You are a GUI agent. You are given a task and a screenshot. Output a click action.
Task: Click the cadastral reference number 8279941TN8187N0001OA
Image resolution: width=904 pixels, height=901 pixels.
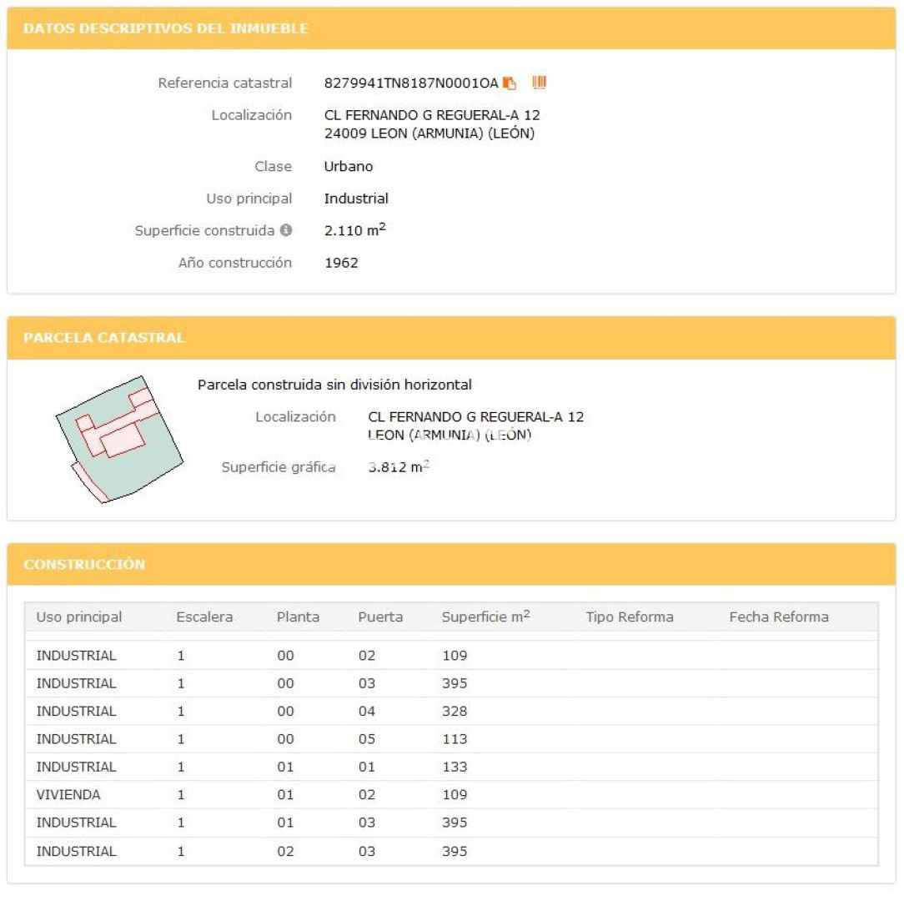tap(410, 83)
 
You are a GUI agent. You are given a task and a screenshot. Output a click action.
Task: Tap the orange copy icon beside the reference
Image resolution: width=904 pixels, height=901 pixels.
tap(510, 83)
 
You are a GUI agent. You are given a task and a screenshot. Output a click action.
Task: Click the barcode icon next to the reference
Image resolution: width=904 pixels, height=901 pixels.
tap(540, 83)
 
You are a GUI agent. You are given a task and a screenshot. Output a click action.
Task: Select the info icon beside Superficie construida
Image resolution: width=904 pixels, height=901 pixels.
tap(286, 230)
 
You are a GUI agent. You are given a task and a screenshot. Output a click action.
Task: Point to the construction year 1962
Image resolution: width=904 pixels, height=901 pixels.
tap(341, 263)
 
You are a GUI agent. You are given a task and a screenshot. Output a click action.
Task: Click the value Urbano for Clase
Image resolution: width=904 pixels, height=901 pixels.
tap(348, 167)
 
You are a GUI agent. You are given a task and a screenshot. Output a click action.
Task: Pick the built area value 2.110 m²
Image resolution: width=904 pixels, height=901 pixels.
tap(354, 230)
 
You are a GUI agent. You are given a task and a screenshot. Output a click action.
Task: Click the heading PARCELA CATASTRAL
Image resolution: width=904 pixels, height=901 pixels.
tap(104, 338)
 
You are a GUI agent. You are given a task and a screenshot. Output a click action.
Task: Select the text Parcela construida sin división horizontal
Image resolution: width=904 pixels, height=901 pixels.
tap(334, 385)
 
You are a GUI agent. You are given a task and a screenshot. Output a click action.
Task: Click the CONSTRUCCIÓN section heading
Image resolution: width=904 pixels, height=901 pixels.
tap(84, 565)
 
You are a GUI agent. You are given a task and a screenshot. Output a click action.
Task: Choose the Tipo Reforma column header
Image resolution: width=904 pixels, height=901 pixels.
tap(629, 617)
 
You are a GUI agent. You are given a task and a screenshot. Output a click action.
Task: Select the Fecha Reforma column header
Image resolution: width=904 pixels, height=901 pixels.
tap(778, 617)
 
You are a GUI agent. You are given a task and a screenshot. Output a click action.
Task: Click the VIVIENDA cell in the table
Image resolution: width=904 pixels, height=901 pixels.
tap(68, 795)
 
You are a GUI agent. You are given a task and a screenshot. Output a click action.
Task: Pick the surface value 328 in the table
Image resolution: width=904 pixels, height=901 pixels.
tap(455, 712)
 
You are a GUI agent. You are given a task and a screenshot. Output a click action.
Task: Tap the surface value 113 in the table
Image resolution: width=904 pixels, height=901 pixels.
tap(455, 739)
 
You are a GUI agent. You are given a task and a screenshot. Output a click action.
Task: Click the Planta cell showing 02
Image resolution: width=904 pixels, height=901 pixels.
tap(285, 852)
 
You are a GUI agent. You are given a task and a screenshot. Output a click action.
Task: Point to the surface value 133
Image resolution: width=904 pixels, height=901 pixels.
tap(455, 768)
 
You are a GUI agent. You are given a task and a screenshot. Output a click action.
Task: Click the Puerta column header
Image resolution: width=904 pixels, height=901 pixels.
tap(380, 617)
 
